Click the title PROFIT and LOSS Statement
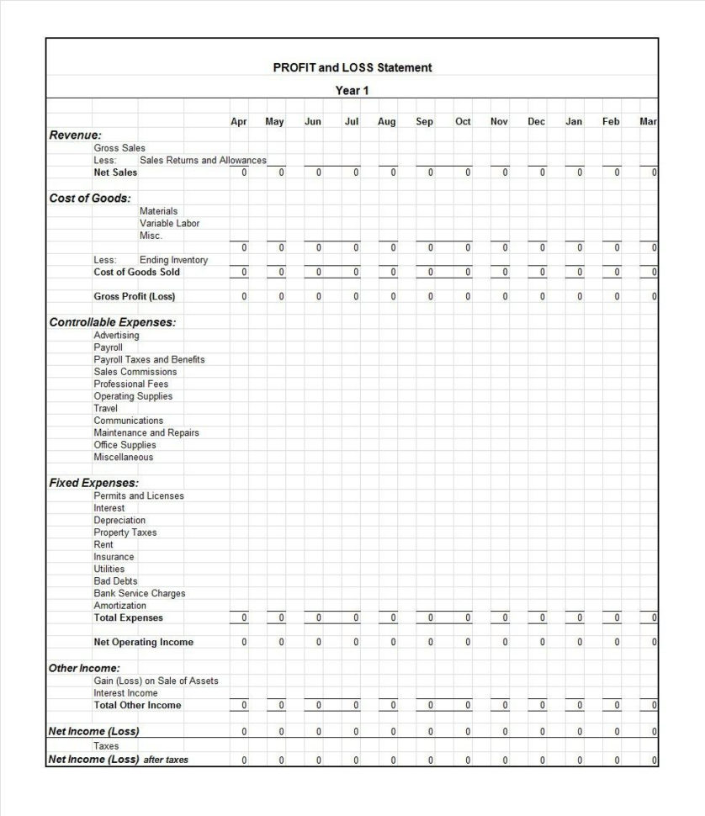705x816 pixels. (352, 67)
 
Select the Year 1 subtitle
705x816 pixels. (352, 90)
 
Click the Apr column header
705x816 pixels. (239, 122)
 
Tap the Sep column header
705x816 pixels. (424, 122)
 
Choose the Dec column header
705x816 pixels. (536, 122)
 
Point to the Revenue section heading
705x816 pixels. (76, 135)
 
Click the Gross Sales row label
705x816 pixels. (119, 148)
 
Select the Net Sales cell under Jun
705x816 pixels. (318, 172)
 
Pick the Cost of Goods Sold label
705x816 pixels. (136, 273)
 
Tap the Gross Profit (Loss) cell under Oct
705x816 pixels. (468, 297)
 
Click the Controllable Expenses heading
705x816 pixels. (113, 322)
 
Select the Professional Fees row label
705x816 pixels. (131, 384)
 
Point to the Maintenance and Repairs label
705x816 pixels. (146, 433)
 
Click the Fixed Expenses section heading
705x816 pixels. (94, 483)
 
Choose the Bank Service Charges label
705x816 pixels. (140, 594)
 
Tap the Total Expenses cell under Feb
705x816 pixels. (616, 618)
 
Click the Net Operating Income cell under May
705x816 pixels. (281, 643)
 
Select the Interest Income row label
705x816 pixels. (125, 693)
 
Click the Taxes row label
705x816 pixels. (106, 746)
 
